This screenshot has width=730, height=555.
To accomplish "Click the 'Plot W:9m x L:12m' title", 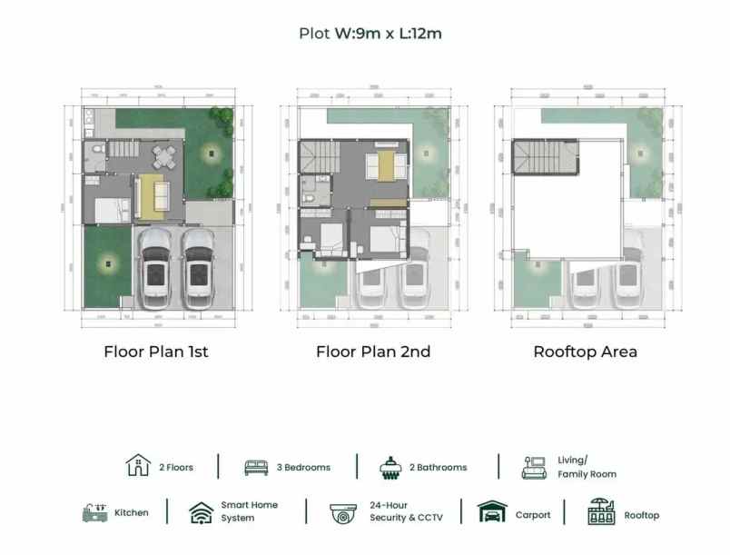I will pos(370,34).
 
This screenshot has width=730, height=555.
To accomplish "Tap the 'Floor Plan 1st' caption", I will pos(156,352).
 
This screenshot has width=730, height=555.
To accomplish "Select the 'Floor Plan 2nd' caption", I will pos(373,352).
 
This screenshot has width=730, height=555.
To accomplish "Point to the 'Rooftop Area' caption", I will pos(585,352).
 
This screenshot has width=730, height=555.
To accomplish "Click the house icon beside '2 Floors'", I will pos(137,466).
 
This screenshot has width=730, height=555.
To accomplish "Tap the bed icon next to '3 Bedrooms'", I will pos(257,467).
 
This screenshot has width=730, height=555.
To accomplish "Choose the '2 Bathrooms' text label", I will pos(438,468).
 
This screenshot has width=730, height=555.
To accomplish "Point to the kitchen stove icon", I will pos(94,512).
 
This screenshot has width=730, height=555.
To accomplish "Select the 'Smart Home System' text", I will pos(249,511).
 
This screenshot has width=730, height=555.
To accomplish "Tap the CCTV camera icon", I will pos(343,513).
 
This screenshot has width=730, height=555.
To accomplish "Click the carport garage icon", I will pos(493,513).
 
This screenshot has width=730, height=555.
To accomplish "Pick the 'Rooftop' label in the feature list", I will pos(642,515).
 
